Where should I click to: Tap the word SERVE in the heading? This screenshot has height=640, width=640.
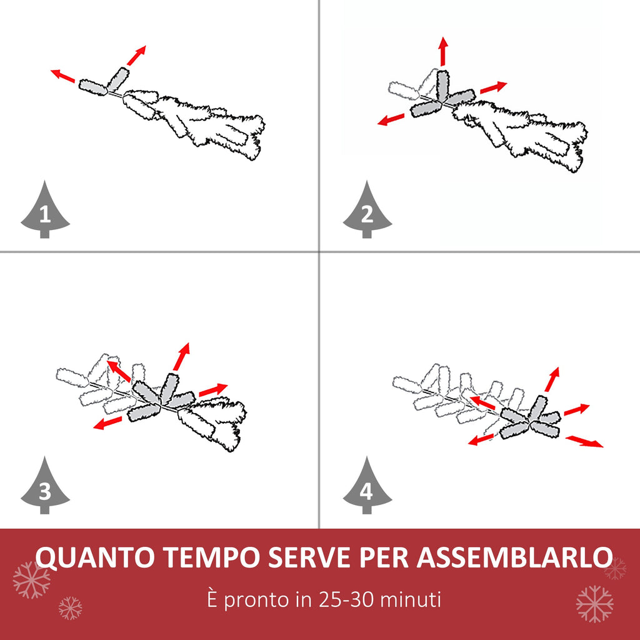pyautogui.click(x=309, y=557)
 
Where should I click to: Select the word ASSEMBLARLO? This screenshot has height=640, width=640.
pyautogui.click(x=515, y=557)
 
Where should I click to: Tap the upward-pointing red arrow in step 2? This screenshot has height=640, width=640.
pyautogui.click(x=443, y=51)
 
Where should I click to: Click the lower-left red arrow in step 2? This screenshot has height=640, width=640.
pyautogui.click(x=391, y=119)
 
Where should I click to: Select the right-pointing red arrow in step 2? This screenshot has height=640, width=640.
pyautogui.click(x=494, y=87)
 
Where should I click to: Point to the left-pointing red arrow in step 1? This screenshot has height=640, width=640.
pyautogui.click(x=63, y=76)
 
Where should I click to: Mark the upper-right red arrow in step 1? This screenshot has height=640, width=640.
pyautogui.click(x=136, y=56)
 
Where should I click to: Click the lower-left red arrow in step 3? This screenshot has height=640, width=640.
pyautogui.click(x=107, y=423)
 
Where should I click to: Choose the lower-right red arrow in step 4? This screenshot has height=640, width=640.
pyautogui.click(x=584, y=442)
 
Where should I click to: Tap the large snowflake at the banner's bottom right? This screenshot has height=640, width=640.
pyautogui.click(x=595, y=604)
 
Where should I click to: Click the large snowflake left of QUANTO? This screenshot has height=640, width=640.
pyautogui.click(x=31, y=580)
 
